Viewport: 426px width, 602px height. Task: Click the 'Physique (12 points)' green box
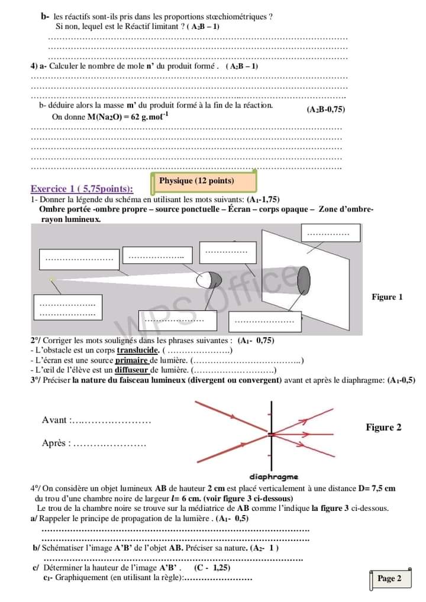coord(205,181)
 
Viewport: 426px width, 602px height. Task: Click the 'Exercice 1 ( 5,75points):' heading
coord(82,189)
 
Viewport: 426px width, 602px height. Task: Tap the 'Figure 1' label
coord(387,297)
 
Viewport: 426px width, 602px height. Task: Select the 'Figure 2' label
coord(383,428)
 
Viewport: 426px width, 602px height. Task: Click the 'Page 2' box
coord(389,578)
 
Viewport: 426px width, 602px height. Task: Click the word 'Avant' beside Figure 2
coord(54,420)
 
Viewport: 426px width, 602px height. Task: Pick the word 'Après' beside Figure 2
coord(55,443)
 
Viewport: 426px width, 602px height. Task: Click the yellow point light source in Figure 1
coord(52,279)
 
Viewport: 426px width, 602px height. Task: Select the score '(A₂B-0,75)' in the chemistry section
coord(326,109)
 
